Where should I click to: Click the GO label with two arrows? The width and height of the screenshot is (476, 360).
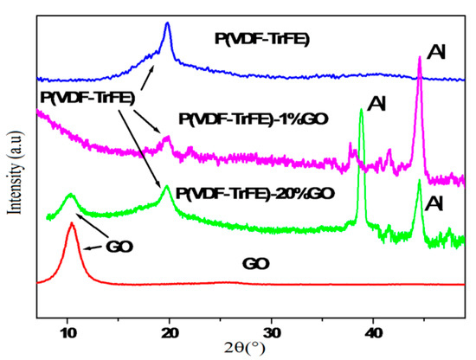[x=119, y=244]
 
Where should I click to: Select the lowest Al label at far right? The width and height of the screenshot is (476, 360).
[x=438, y=204]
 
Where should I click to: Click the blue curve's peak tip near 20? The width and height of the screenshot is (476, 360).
[x=168, y=24]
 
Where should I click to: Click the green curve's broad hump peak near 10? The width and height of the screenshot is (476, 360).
[x=70, y=196]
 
